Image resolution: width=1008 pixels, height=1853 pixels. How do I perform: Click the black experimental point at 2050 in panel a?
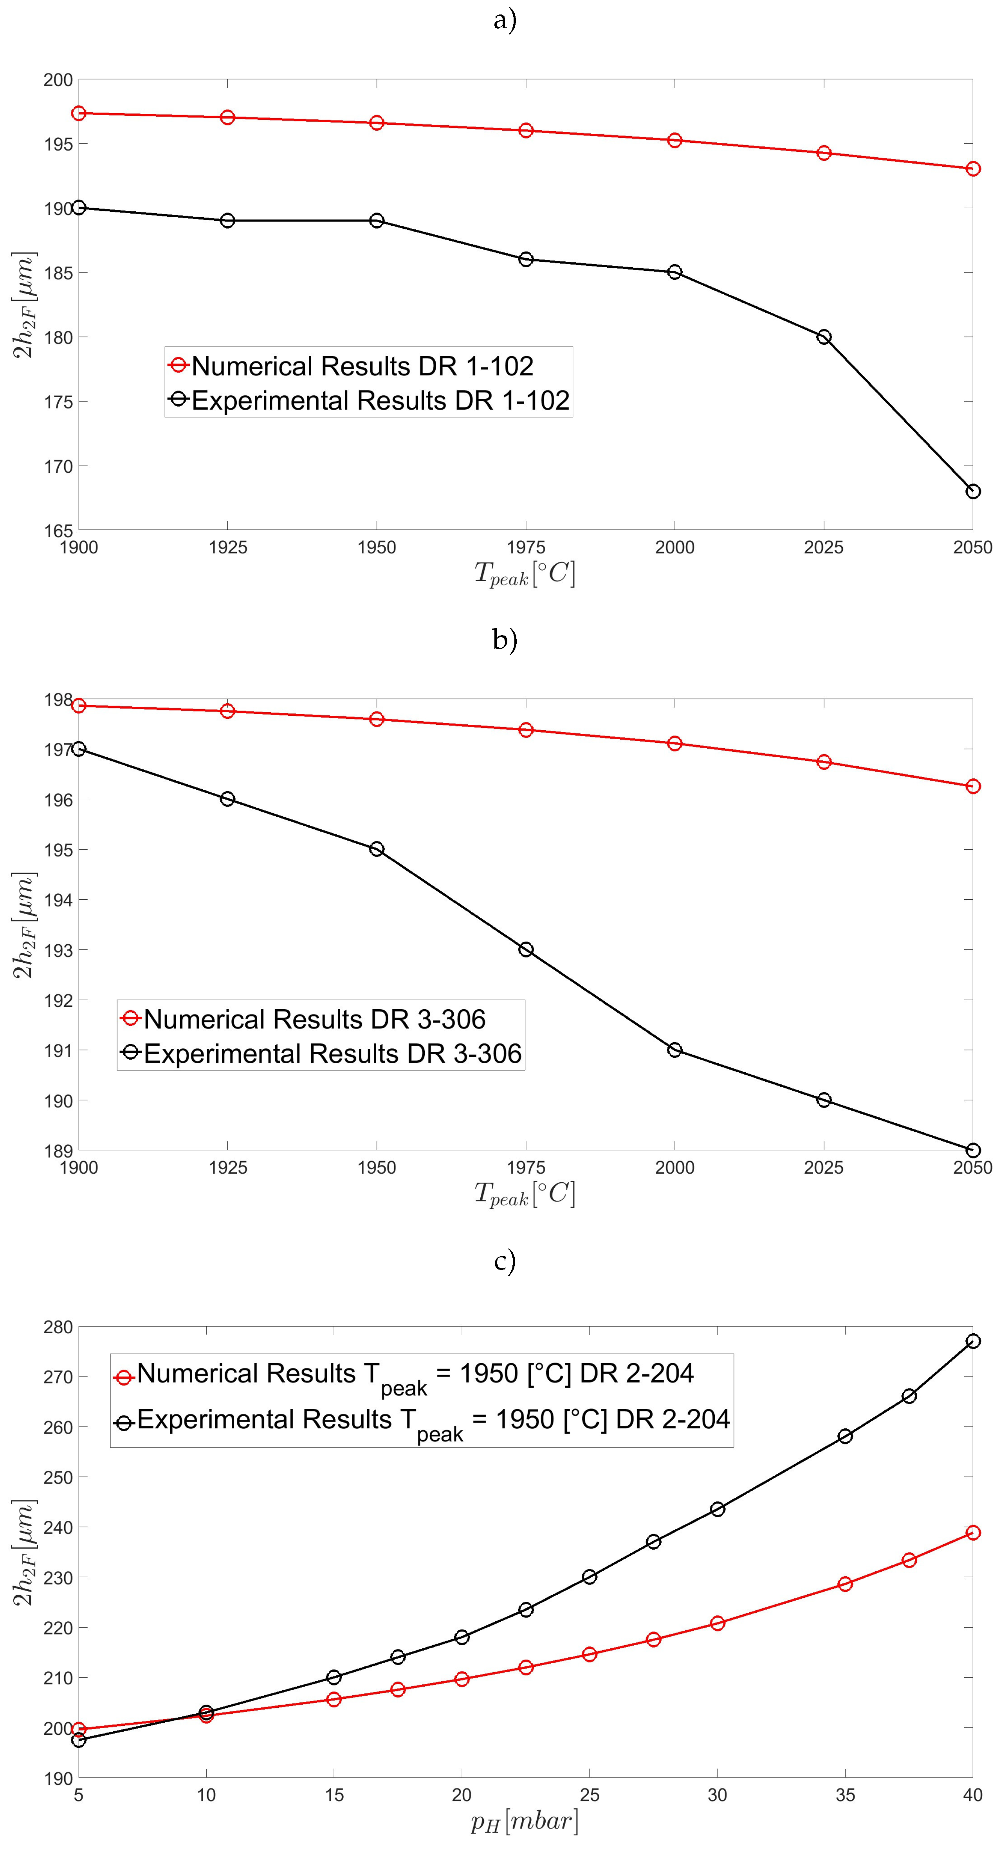973,491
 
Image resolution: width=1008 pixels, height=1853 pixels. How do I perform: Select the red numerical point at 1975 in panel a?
526,130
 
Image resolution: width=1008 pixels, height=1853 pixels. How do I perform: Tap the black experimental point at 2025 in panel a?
824,337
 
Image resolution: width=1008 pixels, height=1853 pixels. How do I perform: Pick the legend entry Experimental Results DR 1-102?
380,400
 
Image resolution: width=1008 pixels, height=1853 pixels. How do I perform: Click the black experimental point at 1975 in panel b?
526,949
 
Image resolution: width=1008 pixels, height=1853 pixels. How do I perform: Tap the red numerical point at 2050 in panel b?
973,786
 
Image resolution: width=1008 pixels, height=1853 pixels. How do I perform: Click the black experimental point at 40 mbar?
973,1341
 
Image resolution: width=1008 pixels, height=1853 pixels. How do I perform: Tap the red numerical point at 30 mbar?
717,1623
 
